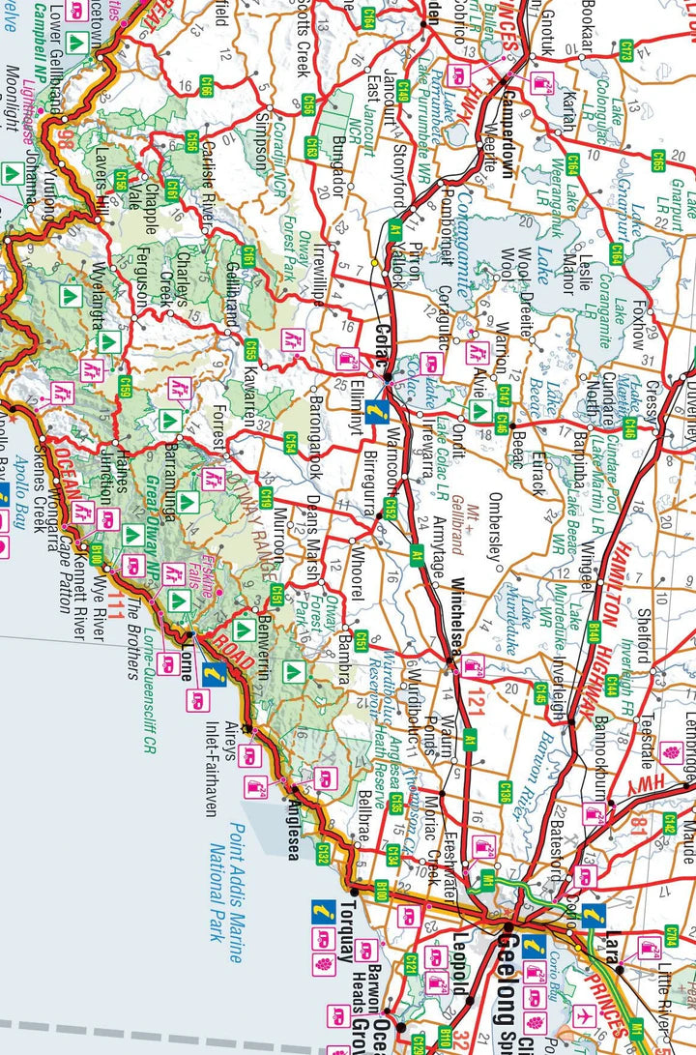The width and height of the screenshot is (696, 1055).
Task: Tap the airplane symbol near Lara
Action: [x=582, y=1016]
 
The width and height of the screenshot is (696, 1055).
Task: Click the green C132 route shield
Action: [x=323, y=853]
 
